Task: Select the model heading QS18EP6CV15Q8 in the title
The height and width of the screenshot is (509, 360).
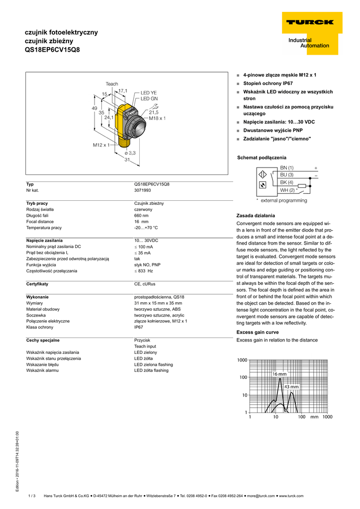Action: coord(52,50)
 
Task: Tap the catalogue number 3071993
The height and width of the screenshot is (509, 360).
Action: coord(142,190)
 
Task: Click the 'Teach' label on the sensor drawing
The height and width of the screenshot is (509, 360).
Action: coord(112,84)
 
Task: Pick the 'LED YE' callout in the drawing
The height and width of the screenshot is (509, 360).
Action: coord(148,93)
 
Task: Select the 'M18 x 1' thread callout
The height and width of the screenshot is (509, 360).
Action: coord(157,118)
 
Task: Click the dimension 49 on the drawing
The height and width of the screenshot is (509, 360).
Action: coord(94,108)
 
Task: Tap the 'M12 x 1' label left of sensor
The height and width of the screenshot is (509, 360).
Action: coord(101,145)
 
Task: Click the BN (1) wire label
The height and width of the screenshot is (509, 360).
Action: coord(287,168)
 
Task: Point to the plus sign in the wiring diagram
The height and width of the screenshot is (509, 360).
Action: coord(316,168)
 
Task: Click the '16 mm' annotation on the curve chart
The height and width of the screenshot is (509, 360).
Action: coord(279,374)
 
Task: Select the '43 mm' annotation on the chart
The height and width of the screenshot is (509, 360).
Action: coord(291,387)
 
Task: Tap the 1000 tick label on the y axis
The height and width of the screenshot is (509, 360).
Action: coord(242,359)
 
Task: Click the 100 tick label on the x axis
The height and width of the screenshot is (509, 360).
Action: coord(301,417)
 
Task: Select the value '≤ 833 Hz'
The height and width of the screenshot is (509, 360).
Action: coord(143,271)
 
